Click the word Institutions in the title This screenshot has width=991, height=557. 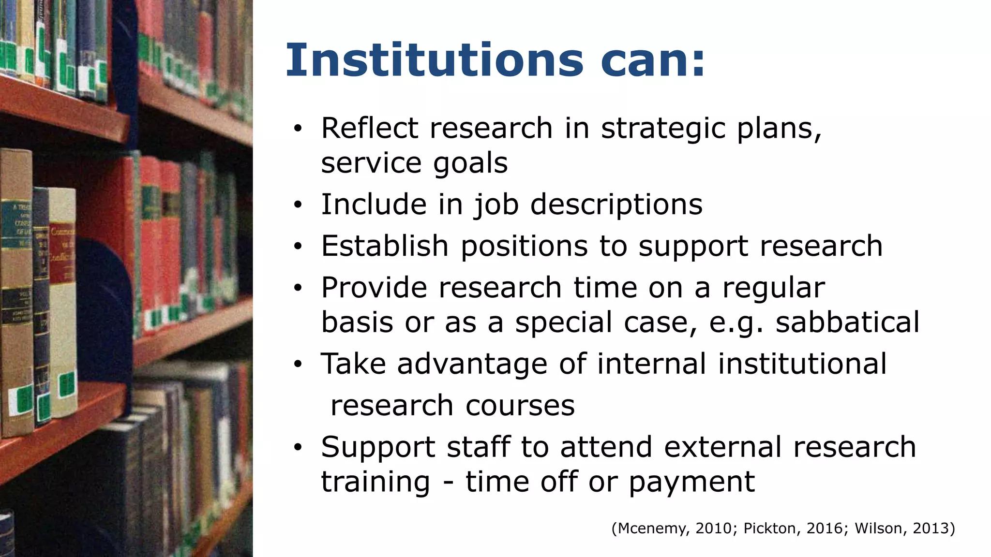click(434, 60)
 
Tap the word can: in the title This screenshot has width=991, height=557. click(652, 60)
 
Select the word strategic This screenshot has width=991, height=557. click(662, 130)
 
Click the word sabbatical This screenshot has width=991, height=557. click(847, 322)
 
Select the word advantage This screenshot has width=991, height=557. click(472, 365)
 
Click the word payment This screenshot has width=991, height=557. click(691, 482)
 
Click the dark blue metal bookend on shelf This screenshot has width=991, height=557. click(109, 309)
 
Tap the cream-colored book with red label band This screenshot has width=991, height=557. click(63, 300)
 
